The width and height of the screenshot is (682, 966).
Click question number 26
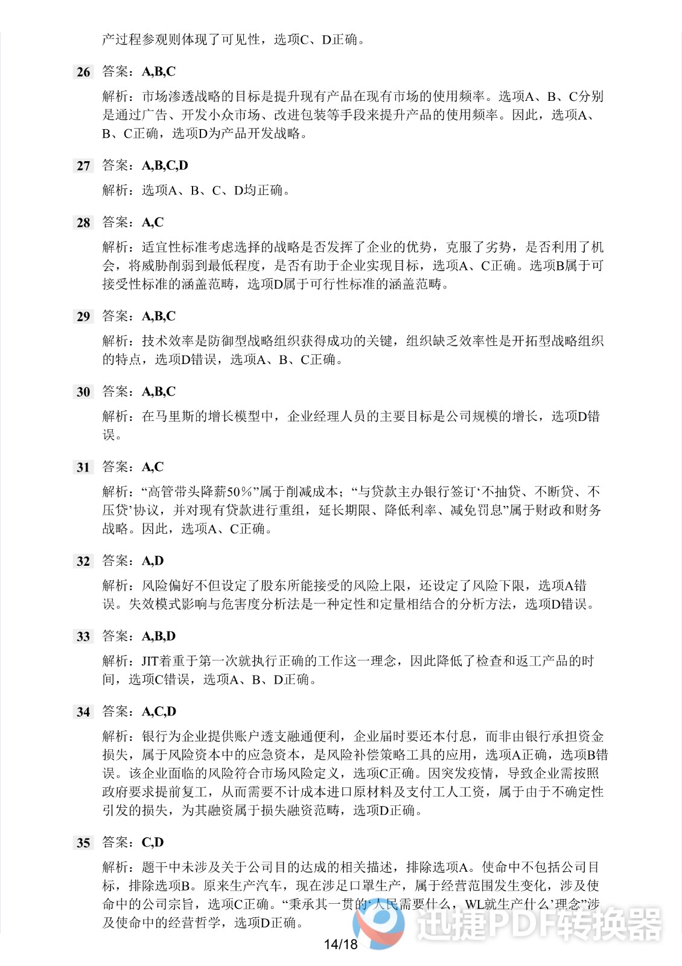click(83, 72)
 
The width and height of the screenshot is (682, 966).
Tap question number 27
click(83, 166)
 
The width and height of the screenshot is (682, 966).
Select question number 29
click(83, 317)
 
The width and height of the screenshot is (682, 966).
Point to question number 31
click(83, 468)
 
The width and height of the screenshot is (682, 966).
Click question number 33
click(83, 637)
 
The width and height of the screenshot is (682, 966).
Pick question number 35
click(83, 843)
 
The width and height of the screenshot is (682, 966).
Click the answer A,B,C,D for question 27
click(165, 165)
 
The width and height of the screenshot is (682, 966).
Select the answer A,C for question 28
click(153, 223)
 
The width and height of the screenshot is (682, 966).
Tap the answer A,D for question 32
click(153, 561)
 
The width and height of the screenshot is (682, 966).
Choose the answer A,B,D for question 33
click(159, 636)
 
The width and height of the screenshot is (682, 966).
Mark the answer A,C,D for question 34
click(159, 712)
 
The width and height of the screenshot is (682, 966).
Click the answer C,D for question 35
click(153, 843)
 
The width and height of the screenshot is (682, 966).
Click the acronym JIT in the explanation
click(150, 661)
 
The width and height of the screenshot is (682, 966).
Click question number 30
click(83, 392)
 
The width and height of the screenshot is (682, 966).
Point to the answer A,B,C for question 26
click(159, 72)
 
